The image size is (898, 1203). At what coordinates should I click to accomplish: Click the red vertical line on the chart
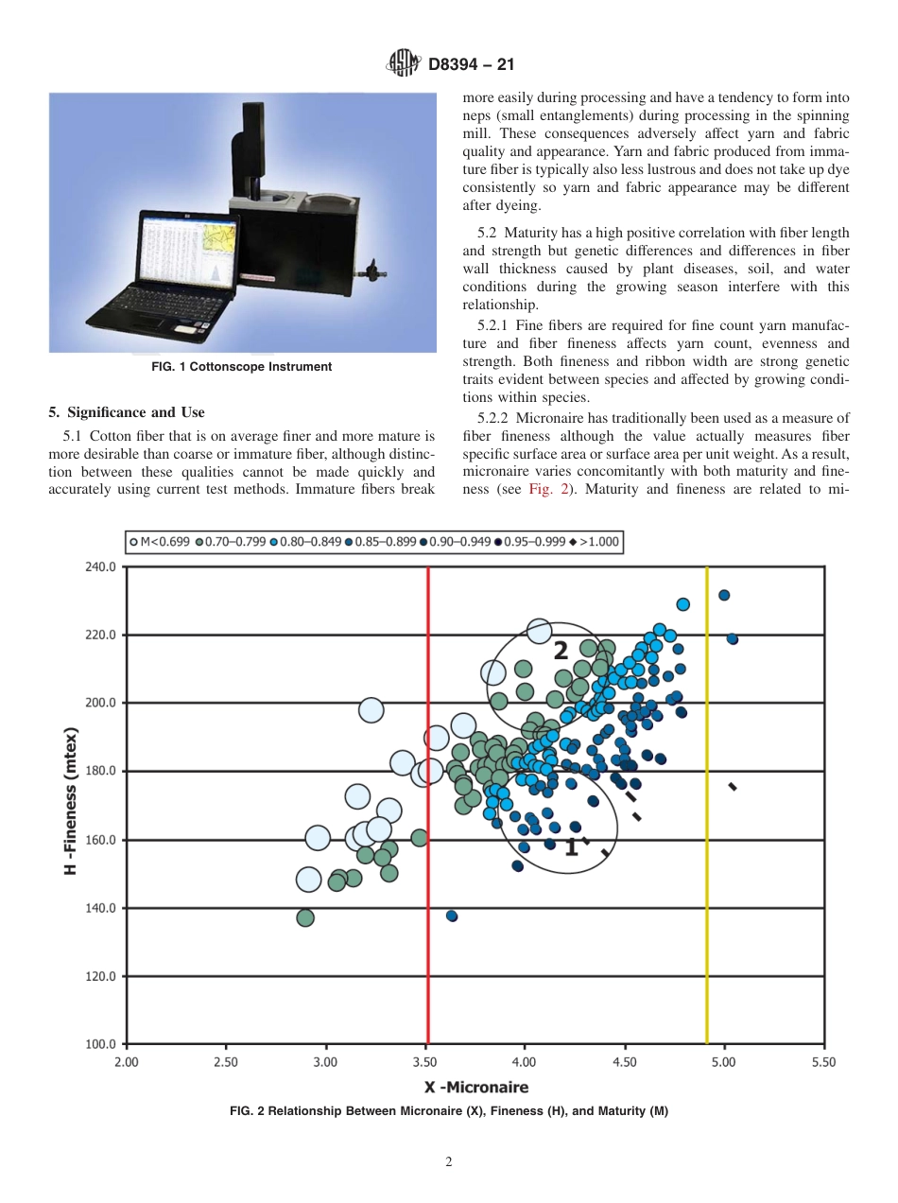pyautogui.click(x=428, y=804)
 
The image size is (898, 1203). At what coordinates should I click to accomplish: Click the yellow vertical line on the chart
pyautogui.click(x=707, y=804)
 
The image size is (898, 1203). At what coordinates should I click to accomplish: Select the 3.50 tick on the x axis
pyautogui.click(x=425, y=1062)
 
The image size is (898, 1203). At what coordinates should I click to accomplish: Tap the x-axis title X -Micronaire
pyautogui.click(x=475, y=1087)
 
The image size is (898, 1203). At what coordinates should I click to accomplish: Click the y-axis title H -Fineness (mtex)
pyautogui.click(x=71, y=801)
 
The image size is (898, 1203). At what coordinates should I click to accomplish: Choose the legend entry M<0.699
pyautogui.click(x=161, y=542)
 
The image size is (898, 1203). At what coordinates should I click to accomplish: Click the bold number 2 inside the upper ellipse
pyautogui.click(x=561, y=651)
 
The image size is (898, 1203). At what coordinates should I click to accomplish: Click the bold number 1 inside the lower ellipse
pyautogui.click(x=571, y=847)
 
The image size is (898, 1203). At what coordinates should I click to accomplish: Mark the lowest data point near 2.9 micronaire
pyautogui.click(x=305, y=917)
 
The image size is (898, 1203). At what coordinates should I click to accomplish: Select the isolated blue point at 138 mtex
pyautogui.click(x=452, y=915)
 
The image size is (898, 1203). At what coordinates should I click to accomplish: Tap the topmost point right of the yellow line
pyautogui.click(x=724, y=595)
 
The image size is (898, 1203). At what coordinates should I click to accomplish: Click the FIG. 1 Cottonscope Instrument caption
pyautogui.click(x=242, y=367)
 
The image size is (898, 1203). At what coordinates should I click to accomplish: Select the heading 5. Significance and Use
pyautogui.click(x=126, y=412)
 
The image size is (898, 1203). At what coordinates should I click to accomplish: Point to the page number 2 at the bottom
pyautogui.click(x=449, y=1162)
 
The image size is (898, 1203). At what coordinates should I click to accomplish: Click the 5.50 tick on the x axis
pyautogui.click(x=824, y=1062)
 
